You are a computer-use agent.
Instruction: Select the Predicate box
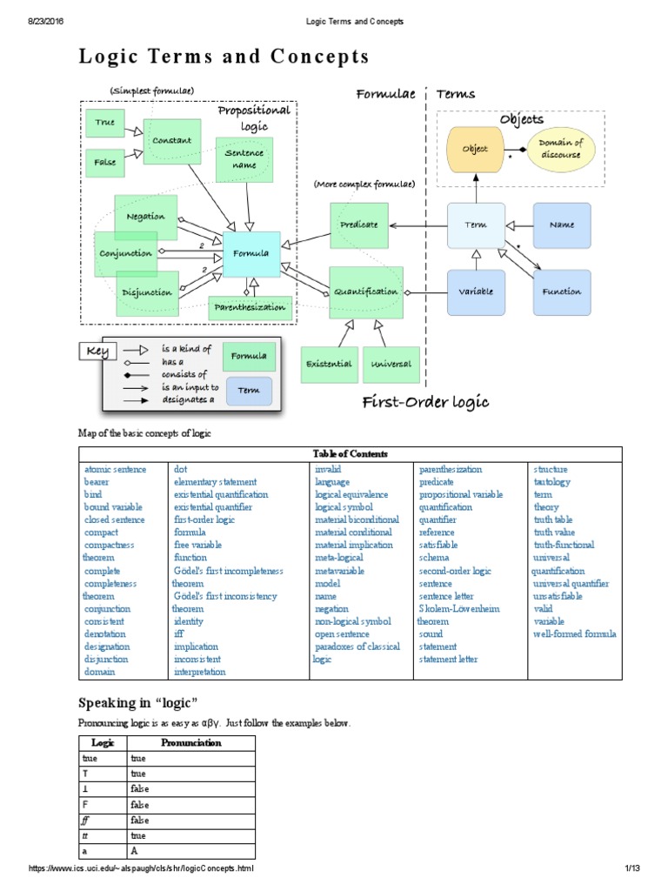(x=358, y=225)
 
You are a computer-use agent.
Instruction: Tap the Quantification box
(x=365, y=292)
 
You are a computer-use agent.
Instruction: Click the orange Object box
(x=474, y=150)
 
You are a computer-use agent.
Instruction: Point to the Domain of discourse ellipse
(x=559, y=149)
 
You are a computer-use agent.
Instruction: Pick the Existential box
(x=327, y=364)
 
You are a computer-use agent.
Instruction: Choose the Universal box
(x=391, y=364)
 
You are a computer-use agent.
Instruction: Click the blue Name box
(x=561, y=225)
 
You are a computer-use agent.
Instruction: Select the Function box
(x=561, y=292)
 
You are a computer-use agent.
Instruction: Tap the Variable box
(x=476, y=292)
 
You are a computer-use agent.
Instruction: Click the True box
(x=105, y=124)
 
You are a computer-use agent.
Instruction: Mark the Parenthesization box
(x=249, y=307)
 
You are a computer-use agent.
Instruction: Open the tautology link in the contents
(x=551, y=481)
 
